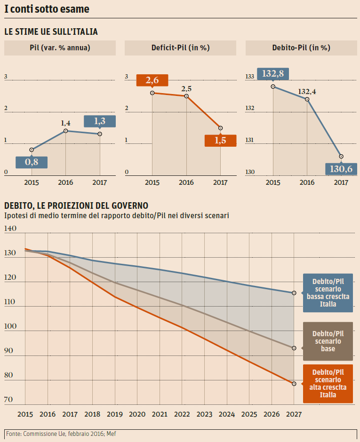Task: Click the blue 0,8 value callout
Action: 32,162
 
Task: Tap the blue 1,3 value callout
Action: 100,121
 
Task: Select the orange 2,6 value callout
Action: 152,80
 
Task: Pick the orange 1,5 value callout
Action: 220,140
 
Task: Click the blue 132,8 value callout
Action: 273,73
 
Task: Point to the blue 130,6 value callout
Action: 341,169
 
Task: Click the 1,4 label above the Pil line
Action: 65,123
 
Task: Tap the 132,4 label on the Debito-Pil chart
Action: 307,91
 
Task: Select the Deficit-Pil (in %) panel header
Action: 180,47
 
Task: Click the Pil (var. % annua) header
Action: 60,47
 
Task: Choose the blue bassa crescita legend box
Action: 328,292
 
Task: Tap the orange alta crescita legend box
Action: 328,383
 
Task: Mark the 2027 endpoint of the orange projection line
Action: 294,384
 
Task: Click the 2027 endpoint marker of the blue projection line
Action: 294,293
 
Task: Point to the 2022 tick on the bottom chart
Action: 182,415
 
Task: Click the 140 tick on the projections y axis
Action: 10,229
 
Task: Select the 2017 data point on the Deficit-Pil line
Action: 220,128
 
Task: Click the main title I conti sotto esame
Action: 47,9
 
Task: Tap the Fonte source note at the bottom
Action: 61,434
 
